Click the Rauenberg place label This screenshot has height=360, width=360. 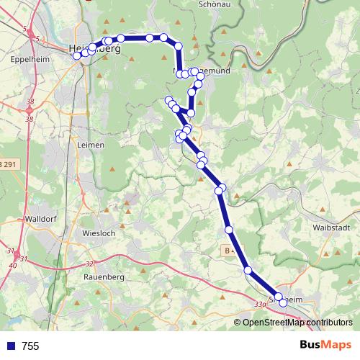tap(104, 276)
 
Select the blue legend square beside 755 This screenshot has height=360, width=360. tap(11, 346)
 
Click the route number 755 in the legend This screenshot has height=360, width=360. tap(31, 346)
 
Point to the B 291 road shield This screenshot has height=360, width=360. tap(7, 165)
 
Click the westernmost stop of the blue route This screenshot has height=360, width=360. tap(77, 55)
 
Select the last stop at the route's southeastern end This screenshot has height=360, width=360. tap(284, 303)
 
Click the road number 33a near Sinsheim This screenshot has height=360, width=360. tap(261, 305)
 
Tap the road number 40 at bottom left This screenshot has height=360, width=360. tap(14, 265)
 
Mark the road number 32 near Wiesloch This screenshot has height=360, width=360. tap(89, 264)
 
